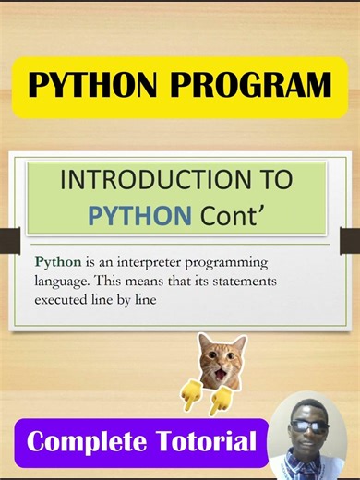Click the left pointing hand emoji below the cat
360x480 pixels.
click(192, 395)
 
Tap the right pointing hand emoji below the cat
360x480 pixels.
click(221, 400)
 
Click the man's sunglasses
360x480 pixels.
click(309, 426)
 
